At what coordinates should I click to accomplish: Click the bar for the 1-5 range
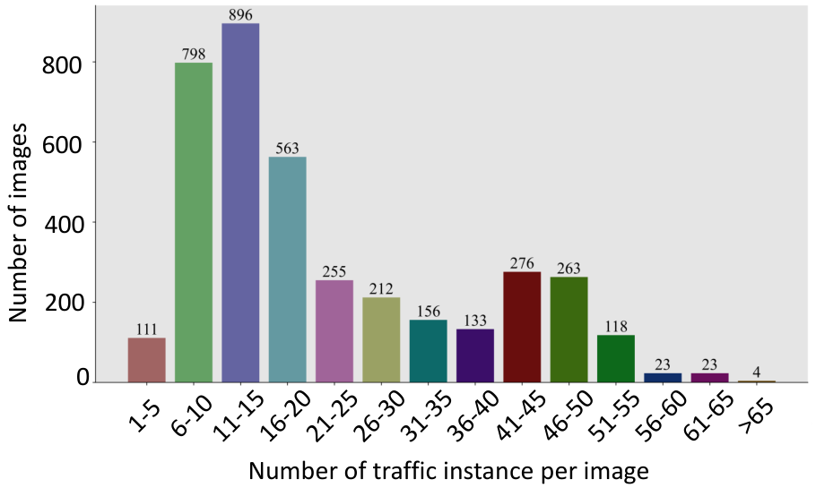pyautogui.click(x=147, y=360)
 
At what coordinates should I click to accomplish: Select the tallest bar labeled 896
pyautogui.click(x=240, y=202)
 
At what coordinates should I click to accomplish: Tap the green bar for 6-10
pyautogui.click(x=194, y=222)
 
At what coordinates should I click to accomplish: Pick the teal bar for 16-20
pyautogui.click(x=287, y=270)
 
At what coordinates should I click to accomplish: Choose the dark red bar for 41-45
pyautogui.click(x=522, y=327)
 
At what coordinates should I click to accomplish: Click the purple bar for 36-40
pyautogui.click(x=475, y=355)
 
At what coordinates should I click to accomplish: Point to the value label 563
pyautogui.click(x=287, y=148)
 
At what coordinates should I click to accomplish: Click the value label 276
pyautogui.click(x=522, y=263)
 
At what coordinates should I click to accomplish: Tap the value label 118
pyautogui.click(x=616, y=326)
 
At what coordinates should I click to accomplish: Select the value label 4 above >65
pyautogui.click(x=757, y=372)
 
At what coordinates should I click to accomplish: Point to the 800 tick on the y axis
pyautogui.click(x=62, y=65)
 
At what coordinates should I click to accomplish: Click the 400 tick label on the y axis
pyautogui.click(x=63, y=224)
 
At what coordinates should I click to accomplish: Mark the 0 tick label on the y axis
pyautogui.click(x=82, y=377)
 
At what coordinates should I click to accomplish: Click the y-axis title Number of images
pyautogui.click(x=18, y=222)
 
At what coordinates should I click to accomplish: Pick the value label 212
pyautogui.click(x=381, y=288)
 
